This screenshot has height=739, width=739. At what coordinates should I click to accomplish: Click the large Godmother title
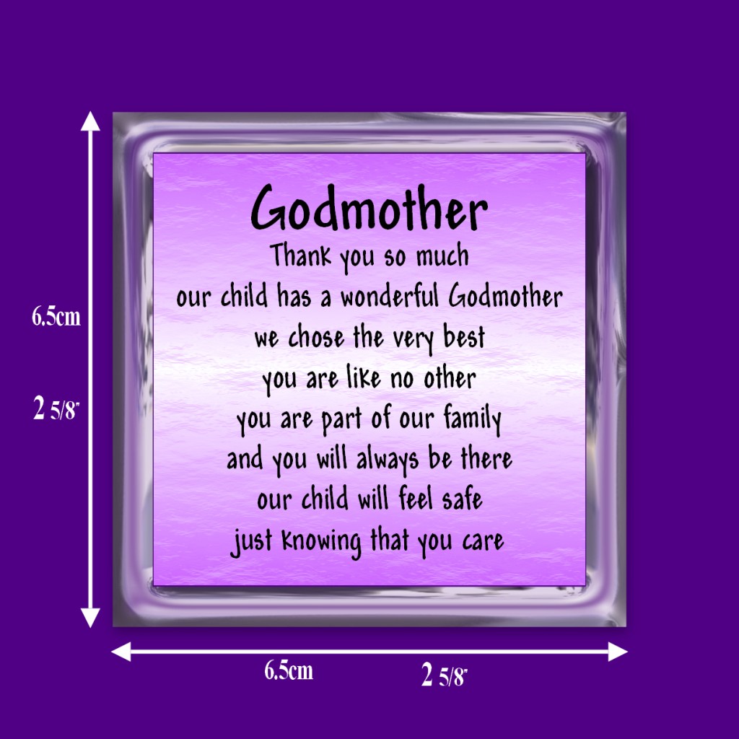(369, 208)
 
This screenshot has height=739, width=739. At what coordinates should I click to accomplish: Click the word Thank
(301, 256)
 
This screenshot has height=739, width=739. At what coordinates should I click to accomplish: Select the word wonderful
(390, 297)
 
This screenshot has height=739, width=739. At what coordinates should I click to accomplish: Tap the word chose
(316, 338)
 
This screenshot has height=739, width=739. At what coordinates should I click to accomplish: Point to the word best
(464, 336)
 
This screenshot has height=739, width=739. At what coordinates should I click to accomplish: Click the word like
(364, 377)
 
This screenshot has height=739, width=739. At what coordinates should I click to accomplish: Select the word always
(387, 460)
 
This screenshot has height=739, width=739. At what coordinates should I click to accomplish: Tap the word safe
(462, 499)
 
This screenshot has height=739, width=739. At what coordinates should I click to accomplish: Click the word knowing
(321, 541)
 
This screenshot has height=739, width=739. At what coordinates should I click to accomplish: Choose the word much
(442, 256)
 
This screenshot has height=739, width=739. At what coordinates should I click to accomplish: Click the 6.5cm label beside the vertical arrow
(56, 316)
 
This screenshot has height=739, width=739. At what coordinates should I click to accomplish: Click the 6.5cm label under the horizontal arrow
(289, 670)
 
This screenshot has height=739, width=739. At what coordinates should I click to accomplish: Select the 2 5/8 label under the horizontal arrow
(444, 675)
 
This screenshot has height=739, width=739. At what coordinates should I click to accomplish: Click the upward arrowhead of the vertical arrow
(90, 121)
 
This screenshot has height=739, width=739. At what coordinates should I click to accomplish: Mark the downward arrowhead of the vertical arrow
(90, 618)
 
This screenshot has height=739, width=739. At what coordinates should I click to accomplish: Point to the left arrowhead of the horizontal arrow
(121, 652)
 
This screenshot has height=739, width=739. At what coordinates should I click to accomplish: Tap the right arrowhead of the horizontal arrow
(618, 652)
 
